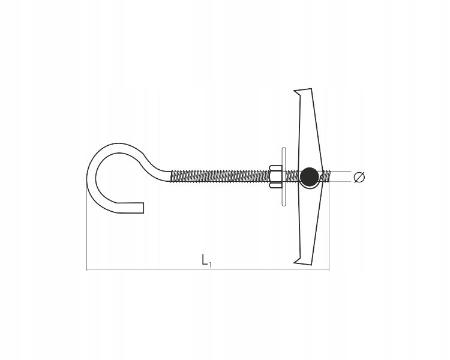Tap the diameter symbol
click(x=359, y=177)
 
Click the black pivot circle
click(x=310, y=176)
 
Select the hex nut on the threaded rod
click(x=276, y=176)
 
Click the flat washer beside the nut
click(x=284, y=177)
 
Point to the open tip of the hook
click(x=143, y=208)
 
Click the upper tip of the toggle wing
click(x=294, y=91)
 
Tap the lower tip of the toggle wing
click(x=294, y=262)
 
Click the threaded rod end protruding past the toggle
click(x=326, y=176)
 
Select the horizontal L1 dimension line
click(x=208, y=269)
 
